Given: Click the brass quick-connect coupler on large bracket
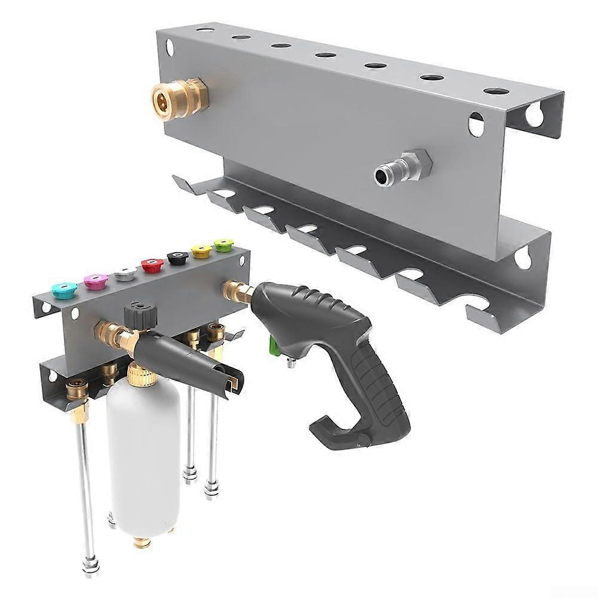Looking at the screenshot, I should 179,96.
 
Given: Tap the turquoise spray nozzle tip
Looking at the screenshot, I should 64,290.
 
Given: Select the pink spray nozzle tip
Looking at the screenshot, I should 95,281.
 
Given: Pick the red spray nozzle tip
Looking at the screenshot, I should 152,265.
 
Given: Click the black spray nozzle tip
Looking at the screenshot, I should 177,257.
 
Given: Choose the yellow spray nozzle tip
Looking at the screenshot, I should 201,251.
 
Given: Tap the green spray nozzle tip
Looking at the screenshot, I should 224,244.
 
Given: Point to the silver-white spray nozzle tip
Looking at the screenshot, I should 124,273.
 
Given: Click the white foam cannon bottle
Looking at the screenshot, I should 143,454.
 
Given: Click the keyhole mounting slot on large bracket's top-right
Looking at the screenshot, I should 534,114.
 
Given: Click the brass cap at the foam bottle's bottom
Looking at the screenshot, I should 142,542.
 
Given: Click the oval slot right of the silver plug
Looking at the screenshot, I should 476,124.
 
